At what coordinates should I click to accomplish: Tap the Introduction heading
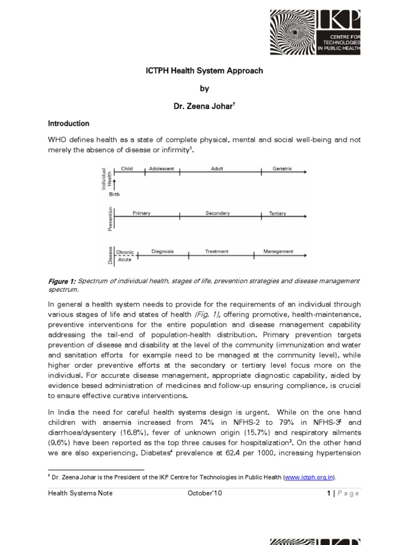(x=69, y=123)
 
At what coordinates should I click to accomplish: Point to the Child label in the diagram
(x=127, y=169)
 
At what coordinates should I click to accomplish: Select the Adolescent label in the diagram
(x=161, y=169)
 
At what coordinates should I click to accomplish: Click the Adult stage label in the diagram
(x=217, y=169)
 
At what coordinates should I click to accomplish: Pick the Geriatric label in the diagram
(x=282, y=169)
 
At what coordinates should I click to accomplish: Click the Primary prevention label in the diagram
(x=141, y=213)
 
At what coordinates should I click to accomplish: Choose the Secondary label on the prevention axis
(x=217, y=213)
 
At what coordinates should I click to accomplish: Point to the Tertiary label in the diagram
(x=277, y=214)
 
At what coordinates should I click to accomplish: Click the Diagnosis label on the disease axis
(x=162, y=252)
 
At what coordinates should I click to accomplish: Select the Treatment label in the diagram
(x=217, y=252)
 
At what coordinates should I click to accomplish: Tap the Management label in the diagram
(x=278, y=252)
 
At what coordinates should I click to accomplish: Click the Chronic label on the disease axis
(x=125, y=252)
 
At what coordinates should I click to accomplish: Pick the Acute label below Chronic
(x=124, y=260)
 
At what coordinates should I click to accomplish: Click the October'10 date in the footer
(x=204, y=493)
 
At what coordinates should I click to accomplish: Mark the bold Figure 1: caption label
(x=63, y=281)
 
